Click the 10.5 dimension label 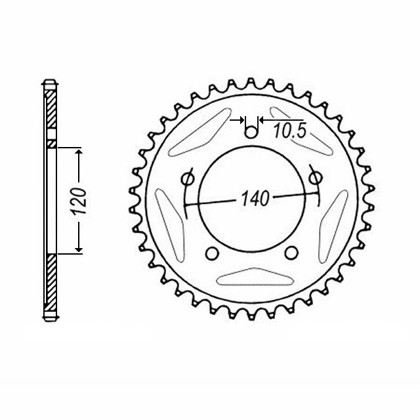coord(290,131)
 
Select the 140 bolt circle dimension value coord(255,199)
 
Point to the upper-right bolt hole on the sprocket coord(316,177)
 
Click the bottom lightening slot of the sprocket coord(251,279)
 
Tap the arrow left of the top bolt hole coord(239,121)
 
